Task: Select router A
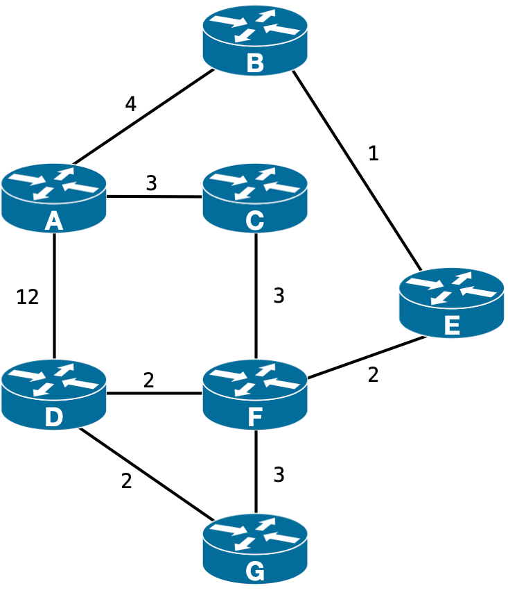coord(54,196)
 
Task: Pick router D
coord(54,393)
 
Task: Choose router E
coord(451,302)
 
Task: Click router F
coord(255,393)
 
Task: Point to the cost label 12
coord(27,296)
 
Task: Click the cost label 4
coord(130,104)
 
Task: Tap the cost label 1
coord(374,153)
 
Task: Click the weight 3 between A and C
coord(150,183)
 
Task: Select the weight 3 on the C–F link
coord(279,296)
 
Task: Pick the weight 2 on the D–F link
coord(148,380)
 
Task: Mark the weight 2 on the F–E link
coord(373,375)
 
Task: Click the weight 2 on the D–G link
coord(126,481)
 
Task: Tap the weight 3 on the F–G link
coord(279,475)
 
